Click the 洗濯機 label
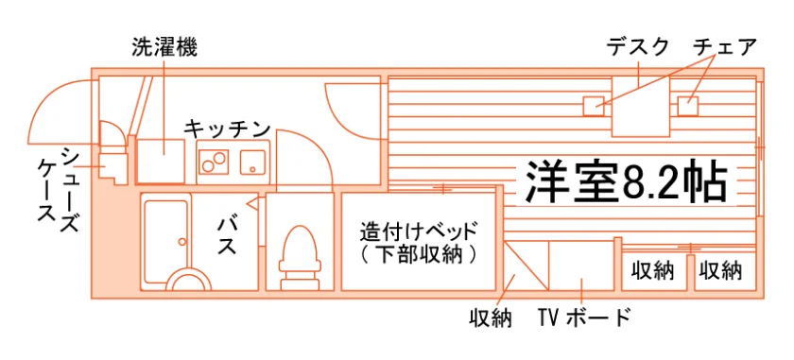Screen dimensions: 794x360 point(164,47)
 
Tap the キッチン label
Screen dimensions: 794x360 point(226,129)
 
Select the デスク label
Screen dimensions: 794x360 point(637,47)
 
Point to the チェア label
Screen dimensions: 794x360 point(725,47)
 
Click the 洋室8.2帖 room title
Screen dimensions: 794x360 point(626,182)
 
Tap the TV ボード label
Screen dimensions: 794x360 point(585,317)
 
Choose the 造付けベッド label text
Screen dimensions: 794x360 point(418,231)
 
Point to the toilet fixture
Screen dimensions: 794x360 point(300,256)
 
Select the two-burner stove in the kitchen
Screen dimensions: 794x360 point(214,162)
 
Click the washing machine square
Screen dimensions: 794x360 point(161,161)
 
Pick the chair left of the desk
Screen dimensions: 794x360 point(594,106)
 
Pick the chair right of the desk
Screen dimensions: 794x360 point(688,106)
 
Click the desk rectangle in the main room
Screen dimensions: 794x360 point(641,107)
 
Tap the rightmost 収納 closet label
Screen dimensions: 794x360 point(721,271)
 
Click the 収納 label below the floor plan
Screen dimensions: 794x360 point(490,318)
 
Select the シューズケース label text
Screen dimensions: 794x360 point(60,190)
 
